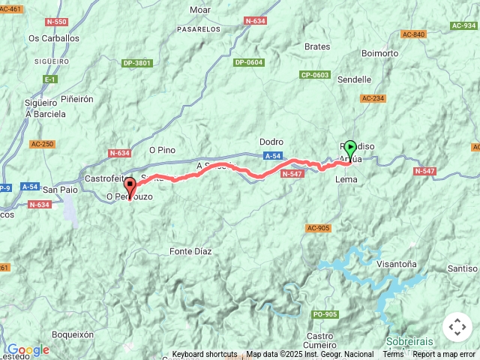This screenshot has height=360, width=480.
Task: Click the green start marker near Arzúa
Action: pyautogui.click(x=349, y=150)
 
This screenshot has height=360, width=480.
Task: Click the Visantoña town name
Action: pyautogui.click(x=397, y=264)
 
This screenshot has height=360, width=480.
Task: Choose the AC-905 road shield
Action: pyautogui.click(x=318, y=228)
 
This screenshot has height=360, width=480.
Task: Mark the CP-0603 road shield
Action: pyautogui.click(x=315, y=75)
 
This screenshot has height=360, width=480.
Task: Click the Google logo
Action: pyautogui.click(x=28, y=349)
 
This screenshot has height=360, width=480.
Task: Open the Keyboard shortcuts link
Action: pyautogui.click(x=205, y=355)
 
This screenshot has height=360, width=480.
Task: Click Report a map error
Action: pyautogui.click(x=445, y=355)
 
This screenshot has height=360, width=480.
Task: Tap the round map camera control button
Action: pyautogui.click(x=457, y=327)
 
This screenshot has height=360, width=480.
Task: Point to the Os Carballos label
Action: pyautogui.click(x=53, y=38)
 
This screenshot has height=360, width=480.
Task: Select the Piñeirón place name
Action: pyautogui.click(x=77, y=98)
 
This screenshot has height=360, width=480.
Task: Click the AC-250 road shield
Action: pyautogui.click(x=42, y=144)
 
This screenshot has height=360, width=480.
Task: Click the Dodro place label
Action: pyautogui.click(x=271, y=142)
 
